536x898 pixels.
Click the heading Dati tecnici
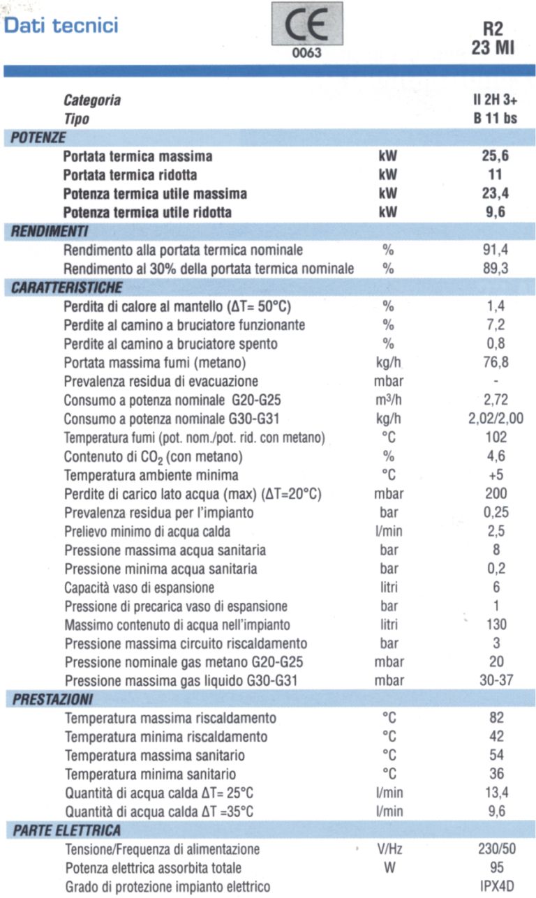pyautogui.click(x=61, y=26)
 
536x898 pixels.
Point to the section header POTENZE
pyautogui.click(x=39, y=137)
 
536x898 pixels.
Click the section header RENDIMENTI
pyautogui.click(x=49, y=231)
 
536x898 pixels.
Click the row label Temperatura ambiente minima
pyautogui.click(x=151, y=476)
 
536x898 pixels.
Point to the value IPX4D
pyautogui.click(x=496, y=887)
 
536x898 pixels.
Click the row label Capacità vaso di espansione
pyautogui.click(x=139, y=588)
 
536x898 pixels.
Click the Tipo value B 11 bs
pyautogui.click(x=495, y=119)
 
